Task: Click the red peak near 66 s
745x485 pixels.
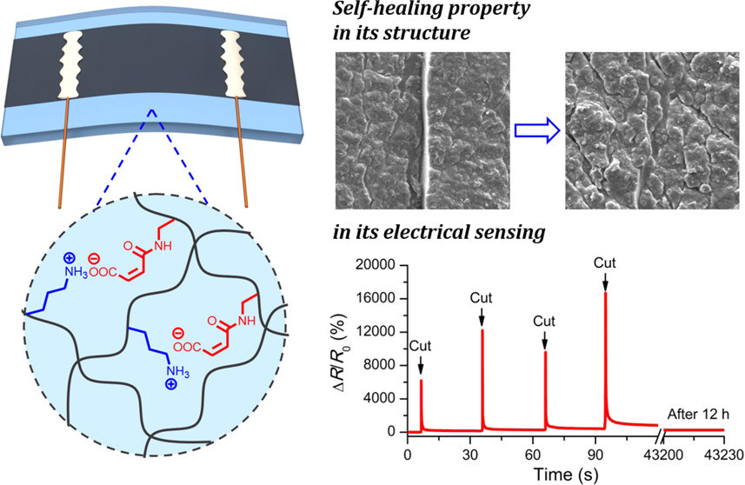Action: (x=545, y=353)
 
